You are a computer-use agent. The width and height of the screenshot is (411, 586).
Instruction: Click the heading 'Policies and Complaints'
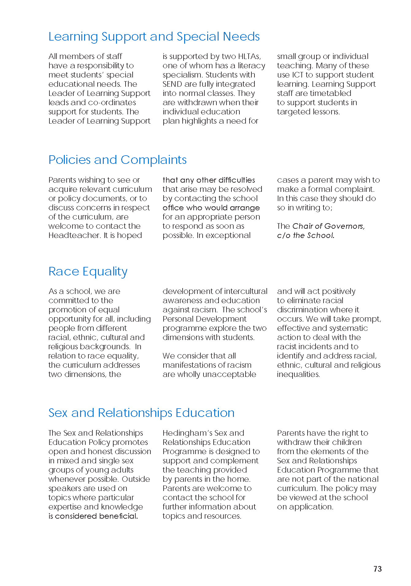(118, 160)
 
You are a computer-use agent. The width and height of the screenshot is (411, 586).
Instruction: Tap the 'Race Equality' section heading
(88, 271)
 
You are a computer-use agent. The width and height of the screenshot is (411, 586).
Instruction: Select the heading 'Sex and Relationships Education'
(141, 413)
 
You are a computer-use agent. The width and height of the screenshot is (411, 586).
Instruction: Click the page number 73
(378, 569)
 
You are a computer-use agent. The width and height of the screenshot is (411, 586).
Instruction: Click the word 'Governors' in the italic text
(344, 226)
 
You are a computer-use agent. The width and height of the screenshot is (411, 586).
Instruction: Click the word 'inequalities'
(298, 374)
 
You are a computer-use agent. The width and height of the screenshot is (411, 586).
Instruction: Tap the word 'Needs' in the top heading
(241, 37)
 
